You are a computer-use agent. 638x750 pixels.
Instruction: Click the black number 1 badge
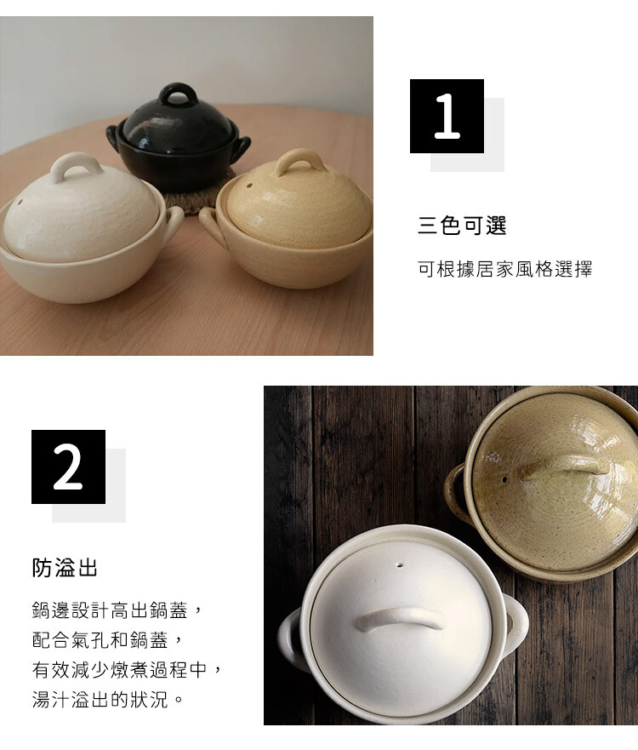point(447,117)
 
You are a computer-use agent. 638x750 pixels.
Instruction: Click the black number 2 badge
point(68,467)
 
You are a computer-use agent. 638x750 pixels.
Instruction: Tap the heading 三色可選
point(462,226)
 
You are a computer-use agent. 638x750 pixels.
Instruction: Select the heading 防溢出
point(65,568)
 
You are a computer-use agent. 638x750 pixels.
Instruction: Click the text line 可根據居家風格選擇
point(505,269)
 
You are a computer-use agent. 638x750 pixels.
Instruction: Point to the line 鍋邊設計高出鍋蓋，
point(118,610)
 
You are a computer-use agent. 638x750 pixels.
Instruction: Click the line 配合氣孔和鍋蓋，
point(108,640)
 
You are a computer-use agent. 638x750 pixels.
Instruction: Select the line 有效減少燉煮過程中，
point(128,670)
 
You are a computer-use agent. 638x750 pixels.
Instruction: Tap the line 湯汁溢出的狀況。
point(108,700)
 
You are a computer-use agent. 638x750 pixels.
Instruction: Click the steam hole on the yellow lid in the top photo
point(249,185)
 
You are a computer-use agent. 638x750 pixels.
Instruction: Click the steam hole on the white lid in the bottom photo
point(400,565)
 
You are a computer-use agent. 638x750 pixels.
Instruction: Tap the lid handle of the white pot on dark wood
point(400,618)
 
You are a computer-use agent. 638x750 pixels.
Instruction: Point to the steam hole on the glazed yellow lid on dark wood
point(504,478)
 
